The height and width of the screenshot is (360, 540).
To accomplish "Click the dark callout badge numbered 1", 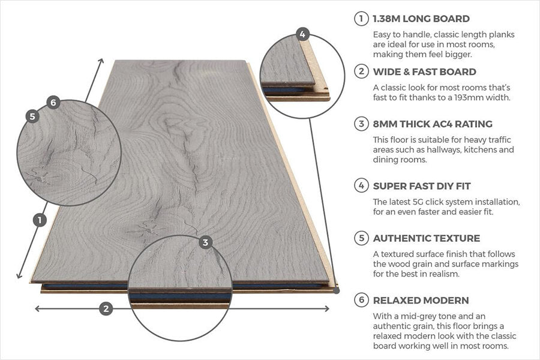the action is tap(40, 220).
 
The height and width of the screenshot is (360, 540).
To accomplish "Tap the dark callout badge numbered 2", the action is tap(106, 308).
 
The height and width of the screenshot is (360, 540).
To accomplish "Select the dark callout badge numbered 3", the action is tap(205, 242).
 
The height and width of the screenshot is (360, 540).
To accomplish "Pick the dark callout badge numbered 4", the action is tap(302, 34).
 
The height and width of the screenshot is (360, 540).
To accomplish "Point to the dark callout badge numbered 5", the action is tap(32, 116).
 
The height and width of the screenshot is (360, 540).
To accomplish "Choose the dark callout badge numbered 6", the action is tap(53, 103).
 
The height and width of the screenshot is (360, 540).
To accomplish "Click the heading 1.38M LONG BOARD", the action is tap(421, 19).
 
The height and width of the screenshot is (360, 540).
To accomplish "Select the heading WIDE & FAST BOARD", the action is tap(425, 71).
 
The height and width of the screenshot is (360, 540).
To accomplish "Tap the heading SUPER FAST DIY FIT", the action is tap(422, 186).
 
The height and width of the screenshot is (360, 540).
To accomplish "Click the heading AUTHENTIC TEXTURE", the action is tap(427, 238).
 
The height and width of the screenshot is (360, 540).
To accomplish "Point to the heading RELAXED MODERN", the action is tap(421, 300).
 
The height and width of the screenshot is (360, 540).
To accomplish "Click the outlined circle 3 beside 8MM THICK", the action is tap(361, 124).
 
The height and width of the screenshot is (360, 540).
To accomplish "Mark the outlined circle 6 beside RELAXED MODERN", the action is tap(361, 300).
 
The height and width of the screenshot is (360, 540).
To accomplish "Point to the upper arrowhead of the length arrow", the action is tap(101, 61).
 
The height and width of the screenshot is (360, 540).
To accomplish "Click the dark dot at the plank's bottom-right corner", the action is tap(337, 291).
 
